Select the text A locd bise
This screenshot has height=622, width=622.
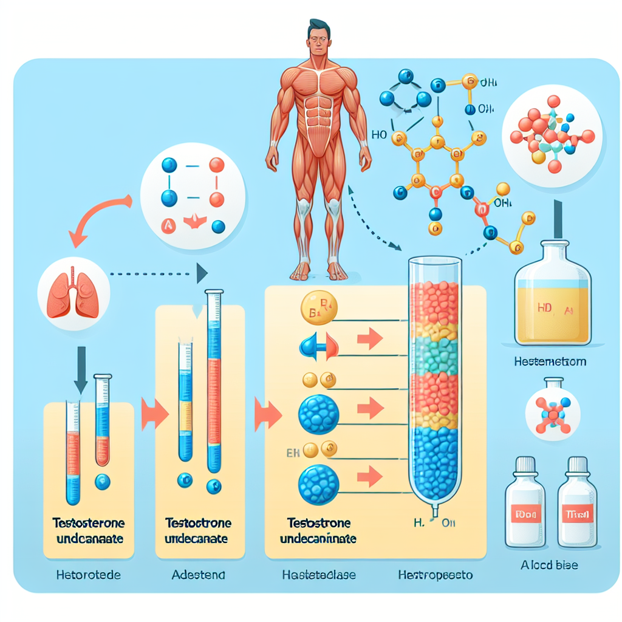(x=549, y=565)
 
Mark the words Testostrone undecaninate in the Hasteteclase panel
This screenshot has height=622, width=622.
(x=319, y=530)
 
